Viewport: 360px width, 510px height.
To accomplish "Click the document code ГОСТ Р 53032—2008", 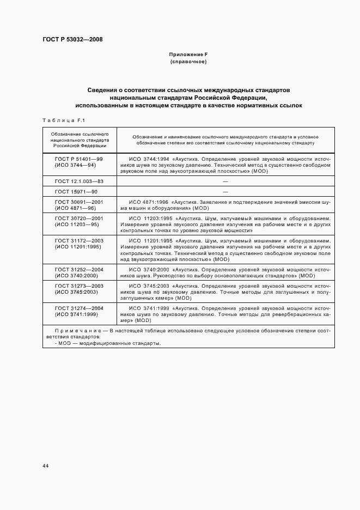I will tap(72, 39).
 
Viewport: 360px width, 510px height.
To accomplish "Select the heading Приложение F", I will tap(188, 55).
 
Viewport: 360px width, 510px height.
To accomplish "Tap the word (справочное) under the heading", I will tap(188, 62).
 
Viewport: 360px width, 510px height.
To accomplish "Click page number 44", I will tap(45, 465).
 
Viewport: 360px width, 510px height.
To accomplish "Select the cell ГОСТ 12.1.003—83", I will tap(80, 181).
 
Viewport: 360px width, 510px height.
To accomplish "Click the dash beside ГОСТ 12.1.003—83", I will tap(225, 181).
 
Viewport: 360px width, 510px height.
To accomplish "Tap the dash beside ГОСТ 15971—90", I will tap(225, 192).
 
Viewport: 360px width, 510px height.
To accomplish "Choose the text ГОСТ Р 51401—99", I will tap(80, 158).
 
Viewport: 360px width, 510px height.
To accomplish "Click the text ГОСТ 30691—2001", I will tap(80, 202).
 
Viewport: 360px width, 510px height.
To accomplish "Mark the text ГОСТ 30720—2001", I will tap(80, 218).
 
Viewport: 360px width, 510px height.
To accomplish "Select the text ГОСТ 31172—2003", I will tap(80, 240).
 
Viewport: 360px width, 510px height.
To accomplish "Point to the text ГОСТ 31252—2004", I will tap(80, 270).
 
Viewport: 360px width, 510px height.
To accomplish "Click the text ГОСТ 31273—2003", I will tap(80, 286).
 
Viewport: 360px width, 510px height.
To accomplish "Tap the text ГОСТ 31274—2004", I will tap(80, 308).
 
